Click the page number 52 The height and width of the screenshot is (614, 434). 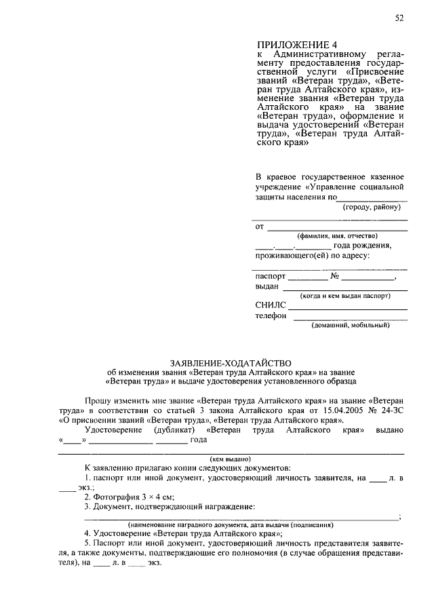click(399, 18)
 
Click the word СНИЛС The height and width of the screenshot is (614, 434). click(271, 305)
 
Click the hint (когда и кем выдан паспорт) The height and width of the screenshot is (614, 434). click(346, 296)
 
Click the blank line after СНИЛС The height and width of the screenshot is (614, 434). click(349, 309)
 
